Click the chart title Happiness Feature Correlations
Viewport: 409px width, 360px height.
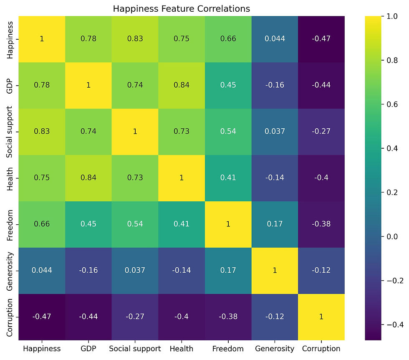pos(182,8)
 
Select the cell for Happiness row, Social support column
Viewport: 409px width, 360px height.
pos(135,39)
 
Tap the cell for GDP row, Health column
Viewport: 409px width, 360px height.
pos(182,85)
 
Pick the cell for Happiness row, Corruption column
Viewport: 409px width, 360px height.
pos(321,39)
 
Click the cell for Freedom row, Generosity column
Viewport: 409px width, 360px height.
pos(275,224)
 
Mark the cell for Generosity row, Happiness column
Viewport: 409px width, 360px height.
pos(42,270)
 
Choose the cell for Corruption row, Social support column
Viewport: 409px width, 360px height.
pos(135,317)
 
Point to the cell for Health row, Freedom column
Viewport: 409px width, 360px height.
pos(228,177)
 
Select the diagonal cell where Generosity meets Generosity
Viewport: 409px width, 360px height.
pos(275,270)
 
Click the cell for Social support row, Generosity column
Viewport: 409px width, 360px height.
pos(275,132)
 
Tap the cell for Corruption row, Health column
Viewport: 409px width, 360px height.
pos(182,317)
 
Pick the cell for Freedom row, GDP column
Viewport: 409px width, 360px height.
pos(88,224)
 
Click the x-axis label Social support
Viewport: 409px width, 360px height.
pos(135,349)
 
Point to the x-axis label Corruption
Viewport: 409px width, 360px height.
pos(321,349)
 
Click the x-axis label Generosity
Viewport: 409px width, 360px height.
pos(275,349)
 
